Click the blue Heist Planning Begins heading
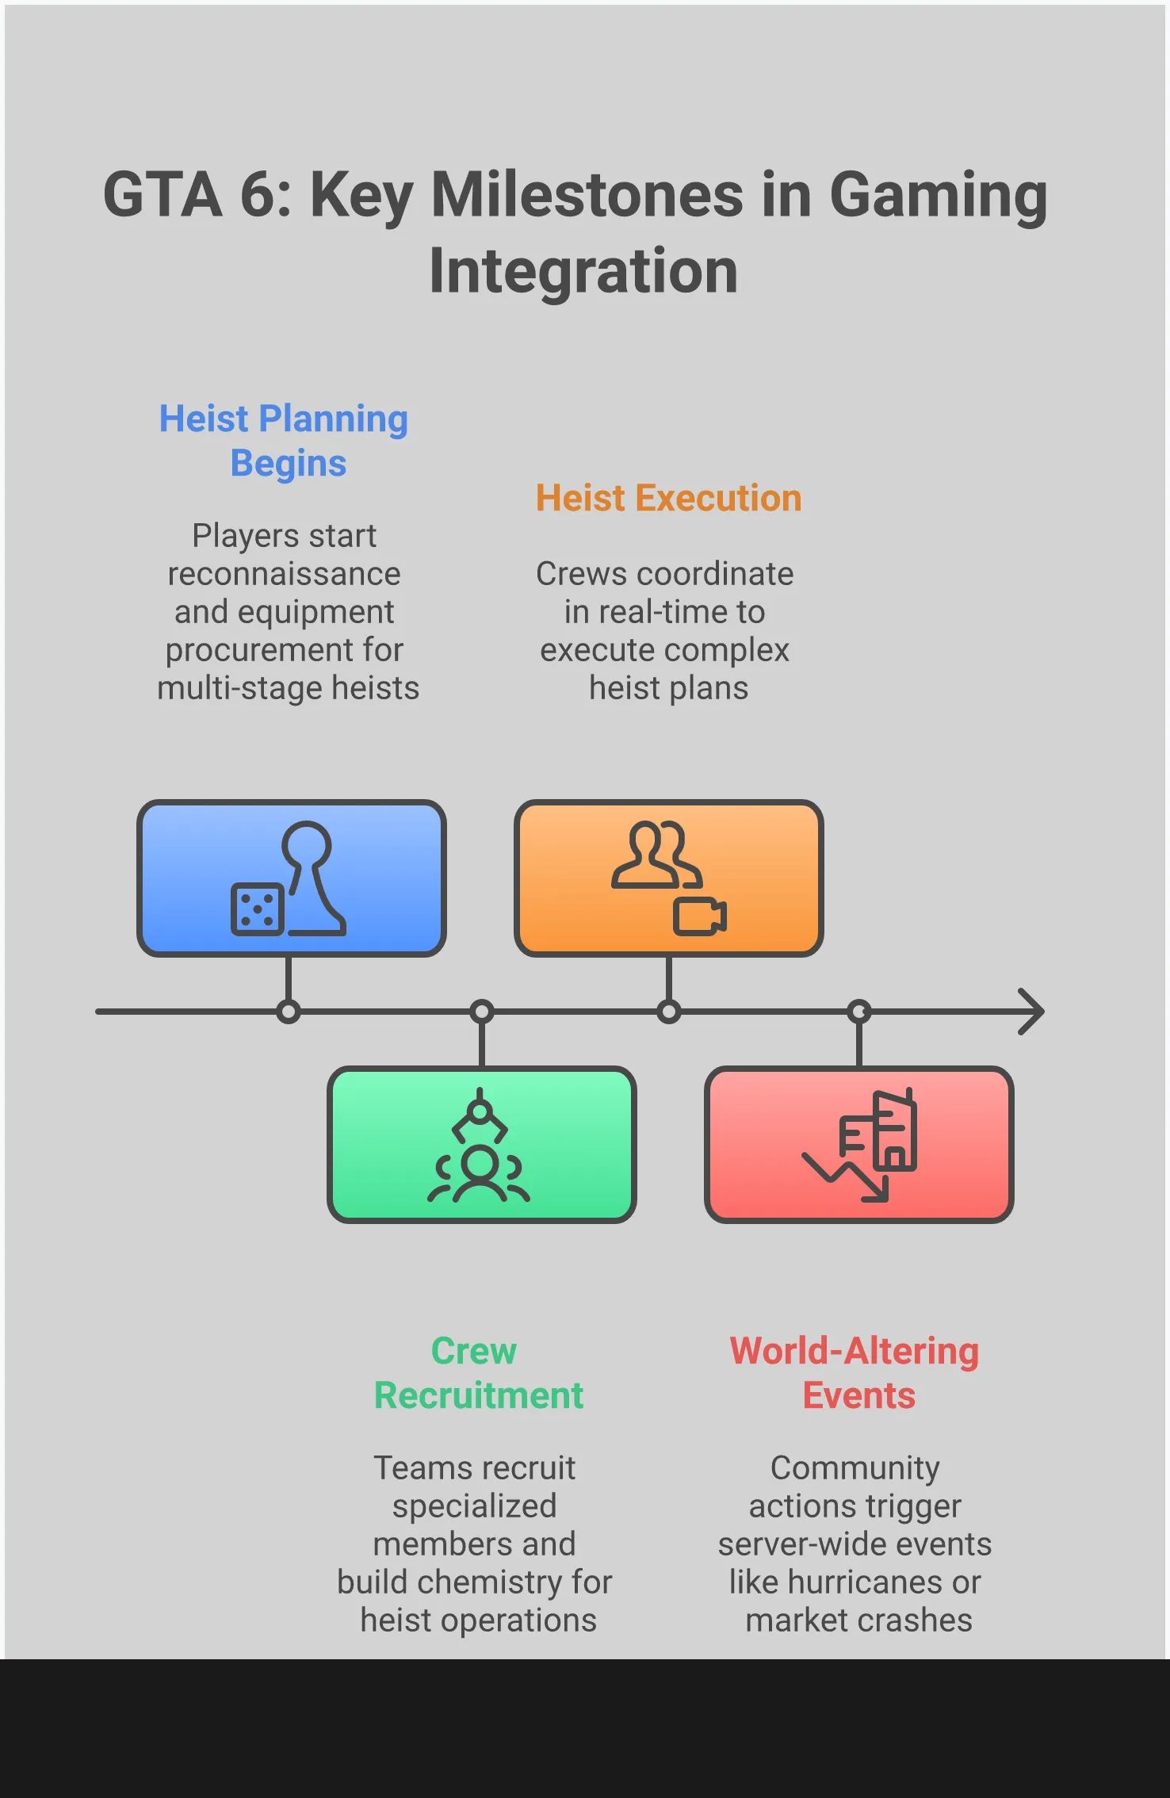(x=284, y=441)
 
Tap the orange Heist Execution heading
(x=668, y=499)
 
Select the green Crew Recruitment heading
(x=478, y=1373)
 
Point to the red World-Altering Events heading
(x=855, y=1373)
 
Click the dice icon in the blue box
(x=257, y=909)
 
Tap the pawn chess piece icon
(x=312, y=876)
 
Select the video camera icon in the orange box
(x=700, y=916)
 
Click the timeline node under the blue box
(x=289, y=1012)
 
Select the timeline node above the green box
(x=482, y=1012)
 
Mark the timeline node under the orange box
(x=669, y=1012)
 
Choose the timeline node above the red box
(x=859, y=1012)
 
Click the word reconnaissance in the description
(x=284, y=574)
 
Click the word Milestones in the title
(x=587, y=195)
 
